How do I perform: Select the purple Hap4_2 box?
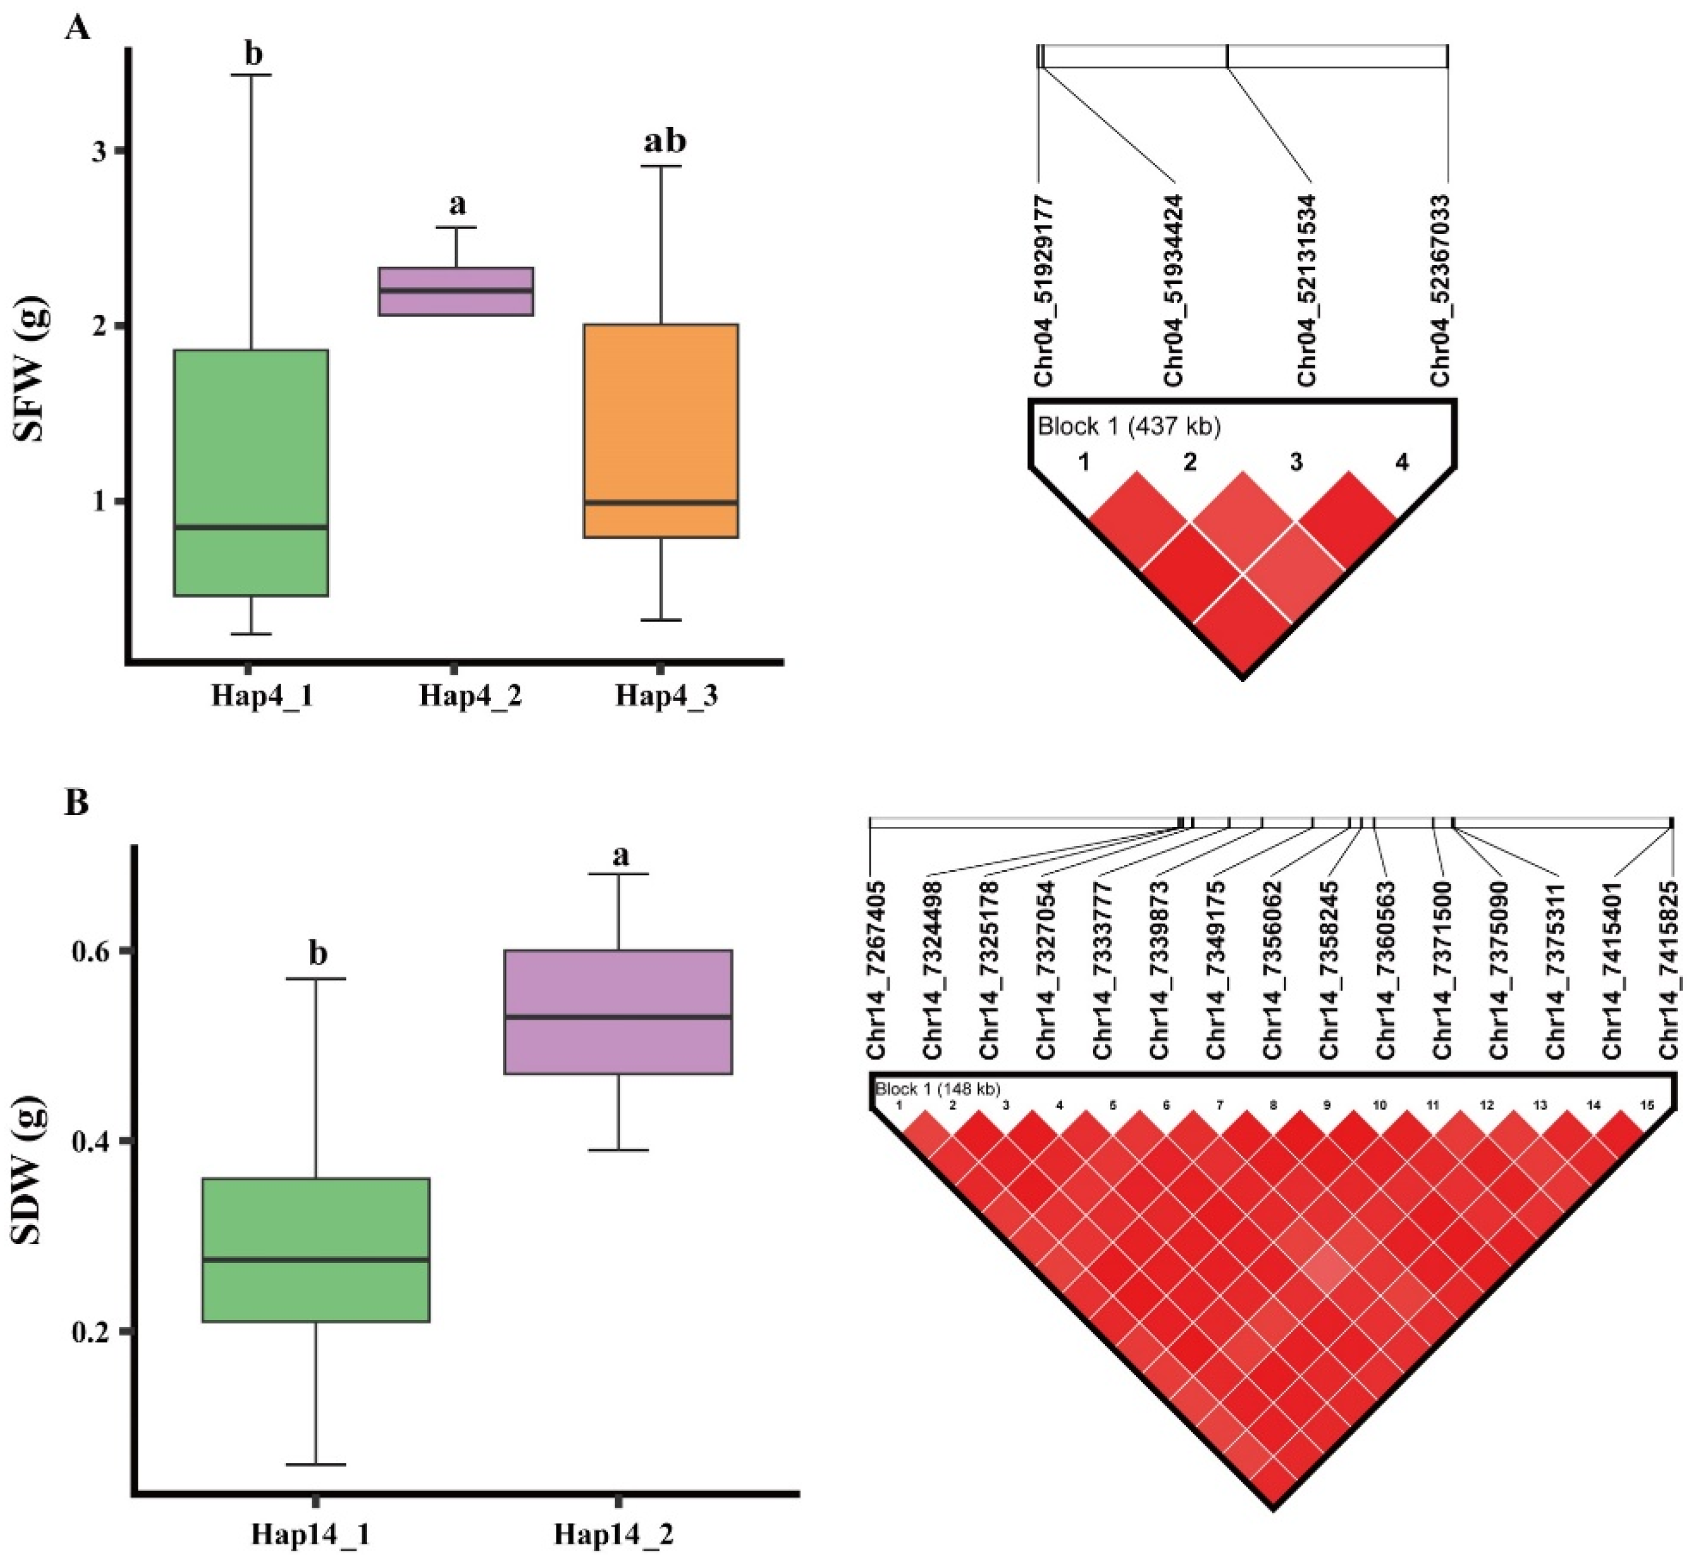pos(455,291)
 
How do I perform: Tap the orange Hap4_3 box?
pos(661,430)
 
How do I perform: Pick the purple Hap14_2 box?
pos(619,1012)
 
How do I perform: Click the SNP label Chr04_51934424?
pos(1173,290)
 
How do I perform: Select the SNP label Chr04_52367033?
pos(1439,290)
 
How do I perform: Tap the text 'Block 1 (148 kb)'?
pos(938,1089)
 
